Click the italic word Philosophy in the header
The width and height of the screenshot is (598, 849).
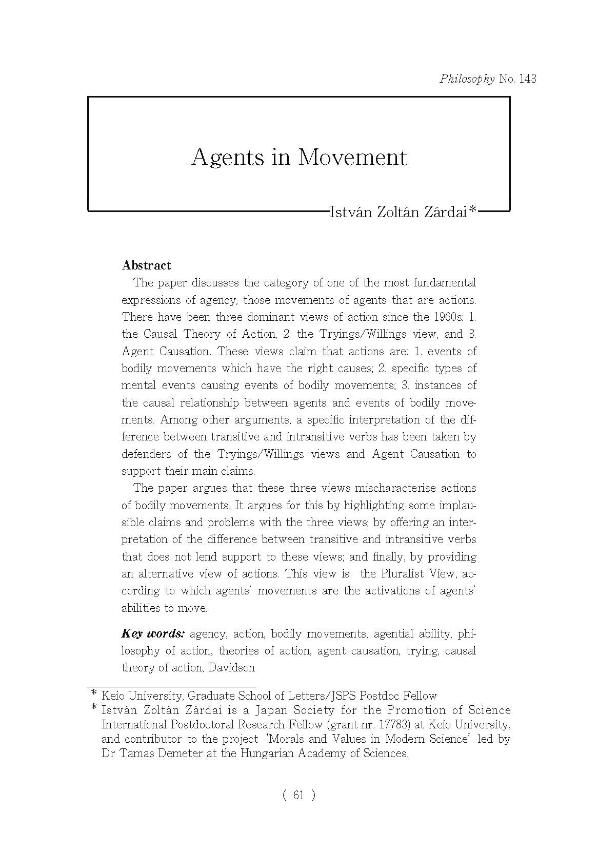tap(467, 79)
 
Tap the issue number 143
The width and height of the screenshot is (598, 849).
tap(528, 79)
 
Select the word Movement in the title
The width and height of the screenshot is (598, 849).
tap(352, 157)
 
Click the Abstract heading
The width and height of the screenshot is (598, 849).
tap(146, 265)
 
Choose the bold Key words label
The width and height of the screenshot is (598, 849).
tap(153, 633)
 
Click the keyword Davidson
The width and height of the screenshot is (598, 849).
tap(231, 668)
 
